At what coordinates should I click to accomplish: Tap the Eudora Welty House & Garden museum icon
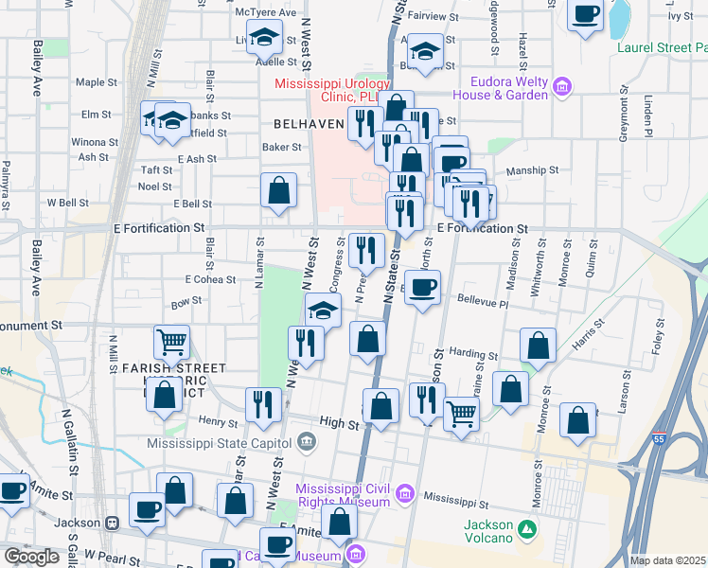coord(562,88)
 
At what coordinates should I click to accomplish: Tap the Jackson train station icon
coord(111,523)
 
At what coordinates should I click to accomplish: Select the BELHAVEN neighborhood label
coord(307,124)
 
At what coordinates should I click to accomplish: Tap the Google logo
coord(30,556)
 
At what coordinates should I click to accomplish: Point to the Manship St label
coord(532,170)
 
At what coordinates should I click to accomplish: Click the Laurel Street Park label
coord(662,46)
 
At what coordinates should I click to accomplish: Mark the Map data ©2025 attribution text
coord(667,560)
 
